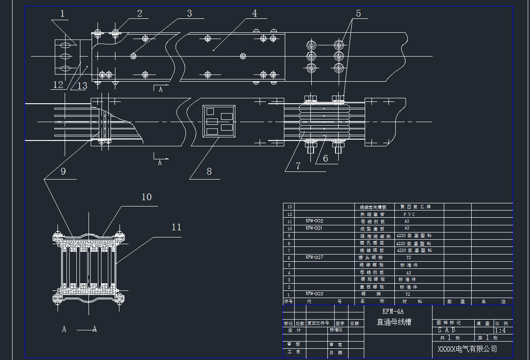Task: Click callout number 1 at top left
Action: pos(62,13)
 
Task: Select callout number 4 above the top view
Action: pos(255,13)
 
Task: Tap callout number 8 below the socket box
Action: pos(209,171)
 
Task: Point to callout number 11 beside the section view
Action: pos(177,227)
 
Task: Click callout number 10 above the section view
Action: pos(147,197)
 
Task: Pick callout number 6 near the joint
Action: pos(326,158)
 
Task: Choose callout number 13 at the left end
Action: pos(82,85)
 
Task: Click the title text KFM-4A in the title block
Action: pos(393,312)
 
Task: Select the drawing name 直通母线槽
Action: pos(394,322)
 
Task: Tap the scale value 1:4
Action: pos(500,330)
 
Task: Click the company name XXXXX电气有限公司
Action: pos(467,349)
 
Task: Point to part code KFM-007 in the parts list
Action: pos(314,258)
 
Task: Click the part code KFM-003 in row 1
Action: pos(314,294)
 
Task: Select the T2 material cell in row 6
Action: pos(409,258)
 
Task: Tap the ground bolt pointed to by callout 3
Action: pos(133,56)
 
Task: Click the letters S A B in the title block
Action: pos(446,330)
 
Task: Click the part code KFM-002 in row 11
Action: pos(314,221)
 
